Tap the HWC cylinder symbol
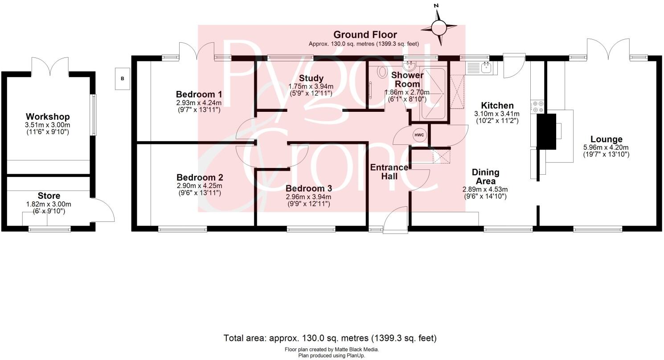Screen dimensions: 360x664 point(419,135)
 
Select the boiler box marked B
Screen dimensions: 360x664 point(123,79)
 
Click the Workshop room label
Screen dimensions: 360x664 point(48,117)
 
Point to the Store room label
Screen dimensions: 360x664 point(49,196)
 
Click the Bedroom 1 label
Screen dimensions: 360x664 point(199,94)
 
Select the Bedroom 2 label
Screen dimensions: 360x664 point(199,177)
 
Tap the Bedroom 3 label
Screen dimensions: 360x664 point(308,188)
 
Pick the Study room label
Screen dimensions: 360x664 point(311,79)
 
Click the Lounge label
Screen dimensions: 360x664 point(606,139)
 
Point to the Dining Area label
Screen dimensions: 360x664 point(485,176)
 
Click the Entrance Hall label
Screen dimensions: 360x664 point(389,172)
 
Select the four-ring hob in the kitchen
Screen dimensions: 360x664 point(537,107)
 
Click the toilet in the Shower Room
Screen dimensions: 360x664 point(382,71)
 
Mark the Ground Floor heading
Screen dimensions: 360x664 point(365,35)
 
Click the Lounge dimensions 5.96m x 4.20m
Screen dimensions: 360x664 point(606,147)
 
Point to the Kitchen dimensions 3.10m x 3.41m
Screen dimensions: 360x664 point(497,114)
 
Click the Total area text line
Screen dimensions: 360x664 point(330,338)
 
